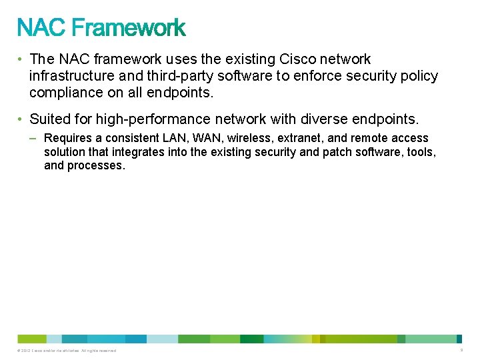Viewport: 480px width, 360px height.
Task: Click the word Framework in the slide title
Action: tap(128, 28)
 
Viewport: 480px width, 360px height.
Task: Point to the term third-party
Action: tap(170, 76)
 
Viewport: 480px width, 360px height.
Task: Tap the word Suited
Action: tap(49, 119)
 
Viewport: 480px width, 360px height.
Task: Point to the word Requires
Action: tap(67, 139)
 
